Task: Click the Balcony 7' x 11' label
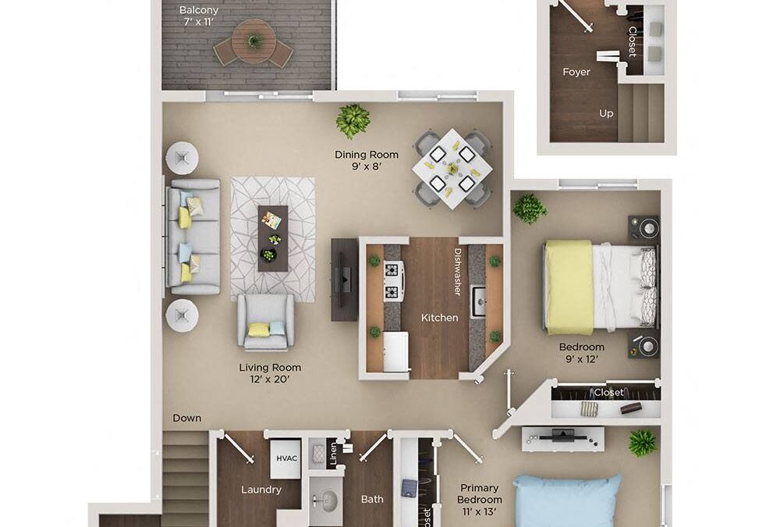coord(198,16)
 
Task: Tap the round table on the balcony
coord(253,41)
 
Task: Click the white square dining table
coord(452,168)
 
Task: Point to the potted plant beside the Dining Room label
coord(353,120)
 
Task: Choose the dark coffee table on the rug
coord(272,238)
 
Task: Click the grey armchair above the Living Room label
coord(266,321)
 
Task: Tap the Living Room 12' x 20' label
coord(270,374)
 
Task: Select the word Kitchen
coord(440,318)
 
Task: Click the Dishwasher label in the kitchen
coord(458,272)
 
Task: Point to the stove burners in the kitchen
coord(393,281)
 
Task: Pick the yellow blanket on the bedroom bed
coord(569,287)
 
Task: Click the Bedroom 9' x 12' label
coord(581,353)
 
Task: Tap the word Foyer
coord(576,72)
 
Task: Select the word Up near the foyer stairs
coord(606,113)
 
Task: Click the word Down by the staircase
coord(187,418)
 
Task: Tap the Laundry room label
coord(261,490)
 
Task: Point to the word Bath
coord(372,499)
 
